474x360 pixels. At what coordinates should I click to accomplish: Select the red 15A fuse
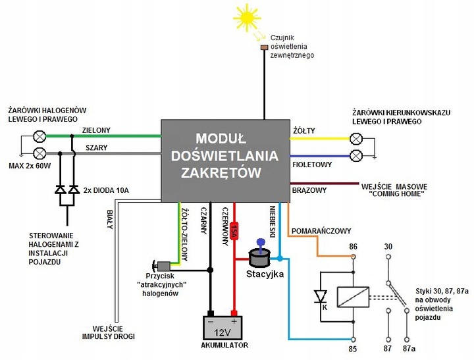234,232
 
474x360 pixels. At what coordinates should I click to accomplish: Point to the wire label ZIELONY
96,130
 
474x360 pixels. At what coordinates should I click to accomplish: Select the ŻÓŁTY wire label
303,130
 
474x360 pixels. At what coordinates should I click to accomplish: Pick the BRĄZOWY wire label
309,191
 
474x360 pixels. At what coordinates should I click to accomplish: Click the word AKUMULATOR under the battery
223,345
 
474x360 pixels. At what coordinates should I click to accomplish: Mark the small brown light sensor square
264,48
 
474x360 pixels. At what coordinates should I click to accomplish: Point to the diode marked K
321,297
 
